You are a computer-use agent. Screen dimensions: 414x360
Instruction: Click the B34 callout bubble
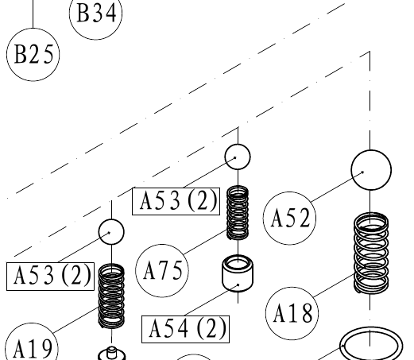[x=95, y=14]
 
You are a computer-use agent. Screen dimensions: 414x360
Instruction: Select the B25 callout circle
[x=33, y=55]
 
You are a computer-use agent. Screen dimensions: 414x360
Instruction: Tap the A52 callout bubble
[x=289, y=218]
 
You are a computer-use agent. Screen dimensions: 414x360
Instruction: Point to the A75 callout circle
[x=162, y=270]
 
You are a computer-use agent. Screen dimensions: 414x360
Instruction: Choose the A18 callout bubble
[x=292, y=313]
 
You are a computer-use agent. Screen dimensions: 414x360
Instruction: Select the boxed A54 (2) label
[x=185, y=329]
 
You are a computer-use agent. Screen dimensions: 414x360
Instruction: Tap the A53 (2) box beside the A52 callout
[x=176, y=201]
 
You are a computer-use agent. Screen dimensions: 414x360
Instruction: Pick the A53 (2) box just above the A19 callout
[x=50, y=277]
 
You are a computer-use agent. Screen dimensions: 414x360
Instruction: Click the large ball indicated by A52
[x=371, y=170]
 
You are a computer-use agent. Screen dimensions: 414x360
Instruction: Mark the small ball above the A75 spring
[x=238, y=157]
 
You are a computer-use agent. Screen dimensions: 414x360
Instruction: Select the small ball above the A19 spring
[x=111, y=232]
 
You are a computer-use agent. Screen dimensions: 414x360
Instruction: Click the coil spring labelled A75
[x=238, y=212]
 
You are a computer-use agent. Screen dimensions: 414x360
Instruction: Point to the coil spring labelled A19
[x=111, y=296]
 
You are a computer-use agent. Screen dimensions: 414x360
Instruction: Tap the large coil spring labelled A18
[x=371, y=253]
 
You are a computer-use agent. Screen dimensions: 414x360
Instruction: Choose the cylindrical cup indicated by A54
[x=238, y=273]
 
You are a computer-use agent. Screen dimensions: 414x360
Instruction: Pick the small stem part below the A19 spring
[x=111, y=354]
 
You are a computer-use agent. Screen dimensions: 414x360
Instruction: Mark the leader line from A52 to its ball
[x=337, y=187]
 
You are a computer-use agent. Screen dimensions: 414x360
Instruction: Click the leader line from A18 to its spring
[x=334, y=285]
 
